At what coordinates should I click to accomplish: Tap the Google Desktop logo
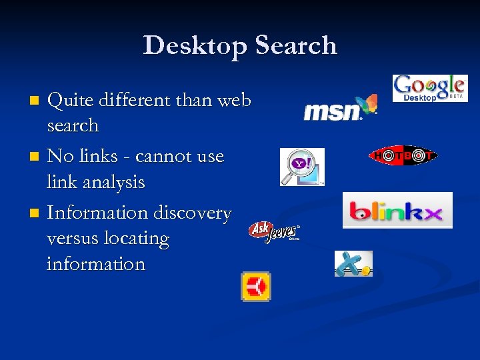tap(429, 88)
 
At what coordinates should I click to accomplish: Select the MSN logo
tap(340, 108)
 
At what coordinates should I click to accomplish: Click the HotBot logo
tap(402, 155)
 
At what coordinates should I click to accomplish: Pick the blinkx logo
tap(397, 211)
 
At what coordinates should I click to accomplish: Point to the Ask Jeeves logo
tap(274, 232)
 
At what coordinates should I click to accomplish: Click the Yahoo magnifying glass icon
tap(301, 167)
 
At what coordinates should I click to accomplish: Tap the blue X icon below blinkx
tap(353, 263)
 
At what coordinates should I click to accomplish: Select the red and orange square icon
tap(255, 287)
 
